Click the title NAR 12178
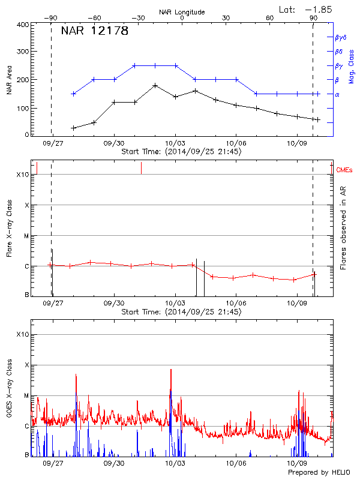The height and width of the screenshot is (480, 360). click(95, 31)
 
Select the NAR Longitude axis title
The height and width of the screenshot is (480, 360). click(182, 11)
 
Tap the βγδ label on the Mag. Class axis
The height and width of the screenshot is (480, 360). click(340, 37)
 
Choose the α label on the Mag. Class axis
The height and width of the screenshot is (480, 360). click(337, 94)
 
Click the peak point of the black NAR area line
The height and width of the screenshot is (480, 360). click(155, 85)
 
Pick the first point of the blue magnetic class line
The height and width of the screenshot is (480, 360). click(73, 94)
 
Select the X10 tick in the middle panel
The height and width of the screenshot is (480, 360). click(23, 175)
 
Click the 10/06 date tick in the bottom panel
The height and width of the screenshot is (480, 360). click(236, 463)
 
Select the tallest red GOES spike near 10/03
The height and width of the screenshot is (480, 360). click(171, 370)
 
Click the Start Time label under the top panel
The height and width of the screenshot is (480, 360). click(181, 152)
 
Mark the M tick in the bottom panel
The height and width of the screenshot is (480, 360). click(27, 395)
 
